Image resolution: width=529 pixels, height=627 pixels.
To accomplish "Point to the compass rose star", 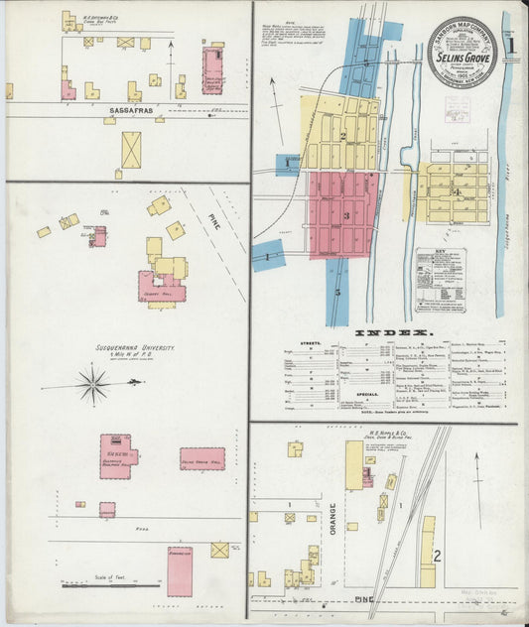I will pos(93,384).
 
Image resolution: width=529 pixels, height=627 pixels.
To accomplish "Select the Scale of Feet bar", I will pos(97,584).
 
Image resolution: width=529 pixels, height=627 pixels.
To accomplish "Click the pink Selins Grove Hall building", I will pos(201,457).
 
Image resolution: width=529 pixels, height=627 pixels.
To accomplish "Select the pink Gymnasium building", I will pos(180,570).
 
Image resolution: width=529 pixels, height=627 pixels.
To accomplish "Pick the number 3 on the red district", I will pos(345,215).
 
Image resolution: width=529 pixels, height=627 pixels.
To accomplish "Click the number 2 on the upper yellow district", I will pos(341,136).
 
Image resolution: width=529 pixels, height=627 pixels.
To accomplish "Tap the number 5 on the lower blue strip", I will pos(336,292).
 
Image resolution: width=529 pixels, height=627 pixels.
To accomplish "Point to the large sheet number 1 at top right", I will pos(511,45).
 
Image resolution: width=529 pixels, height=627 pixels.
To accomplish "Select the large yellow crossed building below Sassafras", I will pos(131,150).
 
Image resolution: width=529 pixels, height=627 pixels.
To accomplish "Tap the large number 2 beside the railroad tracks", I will pos(436,554).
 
